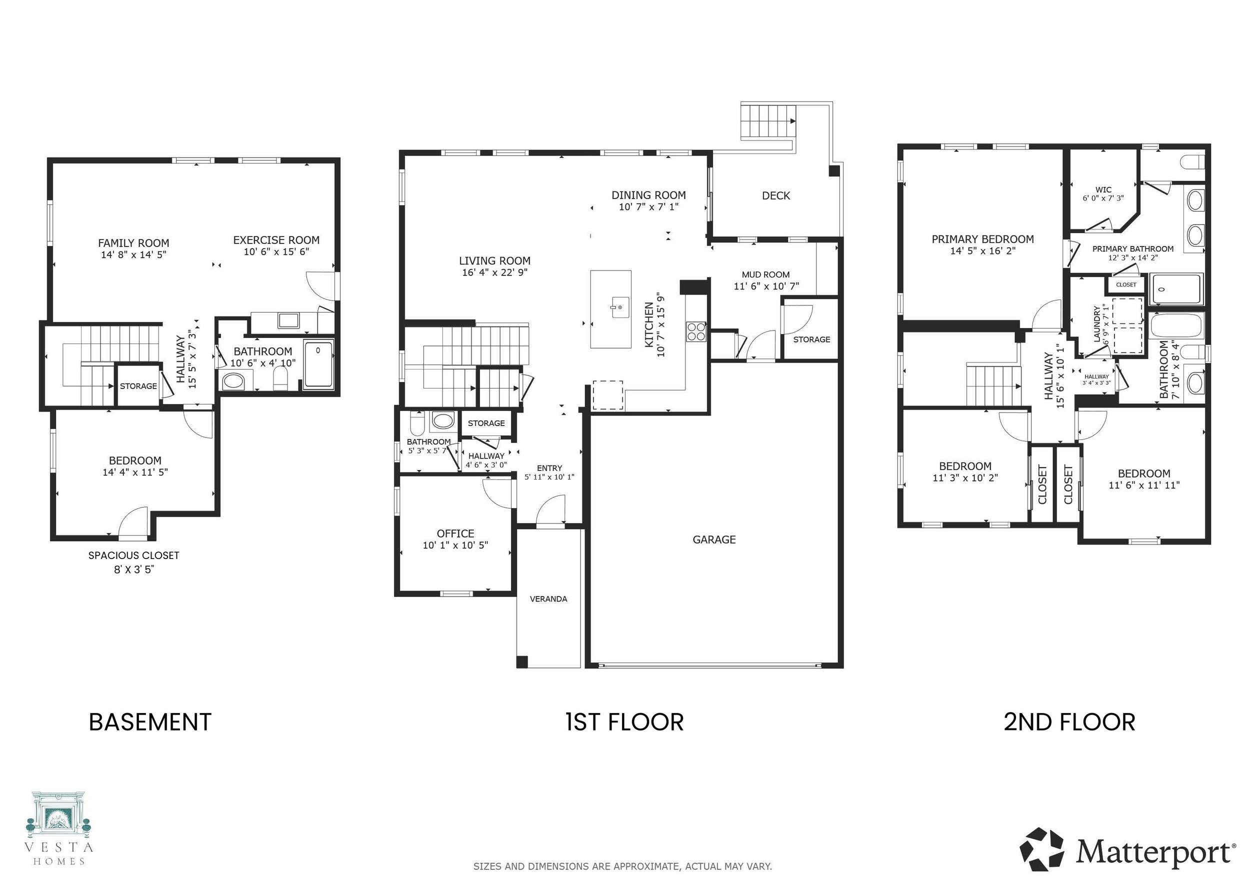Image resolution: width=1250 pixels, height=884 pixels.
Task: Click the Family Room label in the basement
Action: pos(133,243)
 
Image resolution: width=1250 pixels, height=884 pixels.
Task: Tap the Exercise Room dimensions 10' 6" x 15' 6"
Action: pos(276,252)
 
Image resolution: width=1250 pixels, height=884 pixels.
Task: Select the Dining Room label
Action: pos(648,195)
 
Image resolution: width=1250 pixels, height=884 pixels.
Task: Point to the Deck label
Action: pos(776,195)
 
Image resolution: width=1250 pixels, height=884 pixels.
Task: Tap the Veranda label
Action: pos(548,599)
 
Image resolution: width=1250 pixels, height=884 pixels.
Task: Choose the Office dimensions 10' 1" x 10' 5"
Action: pos(455,545)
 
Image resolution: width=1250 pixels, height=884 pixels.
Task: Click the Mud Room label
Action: pos(765,275)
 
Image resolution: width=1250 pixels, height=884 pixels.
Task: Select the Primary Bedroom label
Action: pos(982,239)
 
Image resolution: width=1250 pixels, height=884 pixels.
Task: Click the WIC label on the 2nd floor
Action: pos(1103,190)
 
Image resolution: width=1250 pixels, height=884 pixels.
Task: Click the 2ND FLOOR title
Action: pos(1069,722)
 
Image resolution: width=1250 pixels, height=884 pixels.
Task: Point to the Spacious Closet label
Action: pos(134,555)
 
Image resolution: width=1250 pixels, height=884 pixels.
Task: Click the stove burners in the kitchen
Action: pos(696,331)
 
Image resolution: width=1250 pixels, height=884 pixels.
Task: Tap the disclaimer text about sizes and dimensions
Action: pos(622,866)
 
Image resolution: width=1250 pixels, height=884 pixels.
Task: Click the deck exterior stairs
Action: pos(767,121)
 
